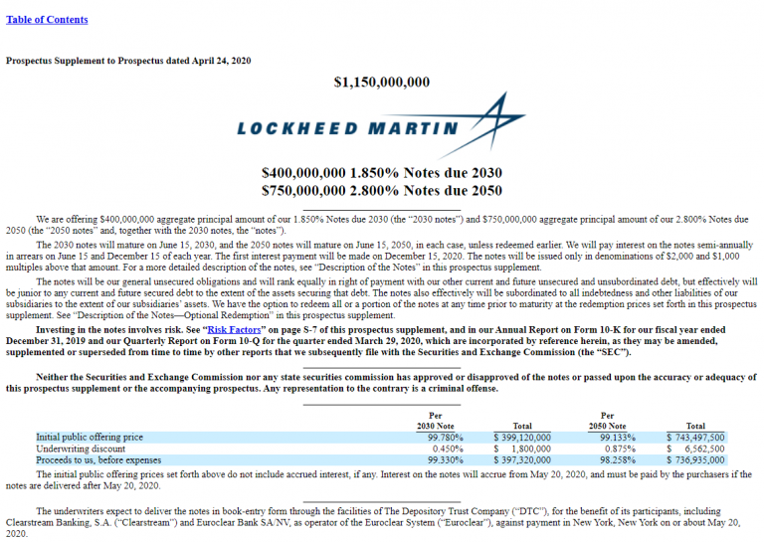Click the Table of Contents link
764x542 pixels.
click(47, 20)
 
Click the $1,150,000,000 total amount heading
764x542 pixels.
click(382, 82)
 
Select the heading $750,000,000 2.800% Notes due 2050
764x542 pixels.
click(382, 190)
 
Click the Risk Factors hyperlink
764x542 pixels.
click(234, 328)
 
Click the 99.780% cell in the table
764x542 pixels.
click(445, 437)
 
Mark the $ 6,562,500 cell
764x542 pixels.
click(697, 449)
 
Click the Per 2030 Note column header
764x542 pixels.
click(435, 420)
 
